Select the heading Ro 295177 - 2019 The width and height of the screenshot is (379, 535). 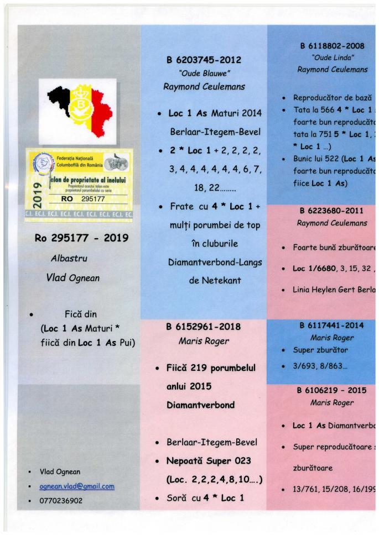[x=81, y=239]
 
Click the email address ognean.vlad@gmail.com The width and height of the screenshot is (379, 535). [x=77, y=486]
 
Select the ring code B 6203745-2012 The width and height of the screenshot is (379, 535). [x=204, y=60]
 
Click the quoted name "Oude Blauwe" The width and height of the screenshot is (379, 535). [x=204, y=74]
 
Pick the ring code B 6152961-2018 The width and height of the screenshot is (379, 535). [x=204, y=327]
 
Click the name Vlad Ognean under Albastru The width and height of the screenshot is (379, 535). [x=73, y=278]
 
